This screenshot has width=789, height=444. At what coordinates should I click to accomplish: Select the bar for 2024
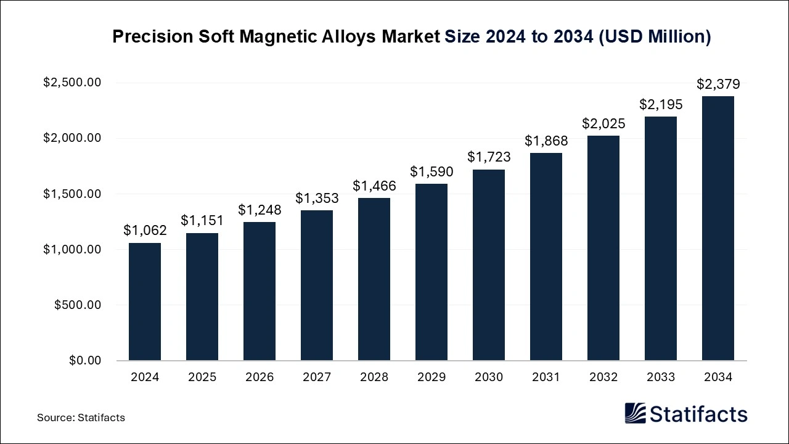pyautogui.click(x=145, y=302)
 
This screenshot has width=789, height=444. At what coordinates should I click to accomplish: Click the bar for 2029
pyautogui.click(x=431, y=272)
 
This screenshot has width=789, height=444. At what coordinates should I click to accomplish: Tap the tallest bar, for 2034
pyautogui.click(x=718, y=228)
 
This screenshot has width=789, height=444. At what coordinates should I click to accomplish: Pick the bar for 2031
pyautogui.click(x=546, y=257)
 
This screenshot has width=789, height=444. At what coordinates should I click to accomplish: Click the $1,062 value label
pyautogui.click(x=145, y=231)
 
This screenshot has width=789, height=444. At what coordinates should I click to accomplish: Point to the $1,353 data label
pyautogui.click(x=317, y=198)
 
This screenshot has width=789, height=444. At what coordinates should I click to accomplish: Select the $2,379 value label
pyautogui.click(x=718, y=84)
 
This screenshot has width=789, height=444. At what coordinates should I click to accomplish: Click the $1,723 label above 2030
pyautogui.click(x=489, y=157)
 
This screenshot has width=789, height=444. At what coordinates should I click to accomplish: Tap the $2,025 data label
pyautogui.click(x=603, y=123)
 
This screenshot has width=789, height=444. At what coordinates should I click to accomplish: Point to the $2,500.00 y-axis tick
pyautogui.click(x=72, y=83)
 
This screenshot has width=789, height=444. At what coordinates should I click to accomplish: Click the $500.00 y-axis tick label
pyautogui.click(x=78, y=305)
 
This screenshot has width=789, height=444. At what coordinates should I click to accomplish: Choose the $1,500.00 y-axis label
pyautogui.click(x=72, y=194)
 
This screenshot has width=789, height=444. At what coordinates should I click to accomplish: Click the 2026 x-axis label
pyautogui.click(x=260, y=377)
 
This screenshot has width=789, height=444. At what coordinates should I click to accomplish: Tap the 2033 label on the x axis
pyautogui.click(x=661, y=377)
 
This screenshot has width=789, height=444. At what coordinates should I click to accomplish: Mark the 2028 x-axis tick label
pyautogui.click(x=374, y=377)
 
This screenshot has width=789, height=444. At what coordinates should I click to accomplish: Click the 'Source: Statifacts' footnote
pyautogui.click(x=81, y=417)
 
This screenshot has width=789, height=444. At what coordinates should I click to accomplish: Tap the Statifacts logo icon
pyautogui.click(x=635, y=413)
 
